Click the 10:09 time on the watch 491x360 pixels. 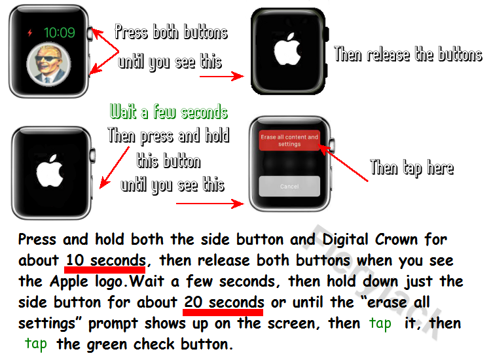(x=59, y=33)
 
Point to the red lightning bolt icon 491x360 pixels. (x=29, y=33)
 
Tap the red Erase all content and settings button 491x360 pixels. (x=289, y=141)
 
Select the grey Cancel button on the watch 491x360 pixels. (x=289, y=187)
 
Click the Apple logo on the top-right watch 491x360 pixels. (x=287, y=49)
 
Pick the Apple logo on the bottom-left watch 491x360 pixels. (x=50, y=171)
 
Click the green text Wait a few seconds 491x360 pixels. (x=168, y=112)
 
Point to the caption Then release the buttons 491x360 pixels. (x=408, y=54)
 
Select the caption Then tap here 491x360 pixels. (x=412, y=168)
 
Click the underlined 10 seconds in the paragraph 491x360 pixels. (x=106, y=261)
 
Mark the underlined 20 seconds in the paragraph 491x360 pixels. (x=224, y=302)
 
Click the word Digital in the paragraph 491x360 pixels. (x=345, y=240)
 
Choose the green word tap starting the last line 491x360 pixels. (x=36, y=344)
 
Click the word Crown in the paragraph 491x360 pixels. (x=397, y=240)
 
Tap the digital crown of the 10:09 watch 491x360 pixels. (x=90, y=34)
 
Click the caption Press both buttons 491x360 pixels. (x=171, y=32)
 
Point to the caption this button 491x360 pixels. (x=168, y=161)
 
